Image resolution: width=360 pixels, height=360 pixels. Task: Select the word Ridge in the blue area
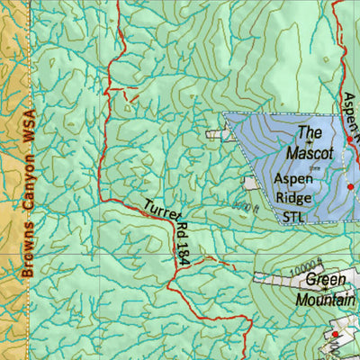coord(294,197)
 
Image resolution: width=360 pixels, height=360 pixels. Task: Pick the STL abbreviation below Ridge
coord(294,216)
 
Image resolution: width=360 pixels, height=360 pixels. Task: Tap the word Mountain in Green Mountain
coord(319,301)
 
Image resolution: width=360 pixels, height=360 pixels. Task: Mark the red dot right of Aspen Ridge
coord(351,186)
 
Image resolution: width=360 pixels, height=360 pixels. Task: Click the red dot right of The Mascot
coord(350,140)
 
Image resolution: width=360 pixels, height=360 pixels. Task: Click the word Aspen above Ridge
coord(294,178)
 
